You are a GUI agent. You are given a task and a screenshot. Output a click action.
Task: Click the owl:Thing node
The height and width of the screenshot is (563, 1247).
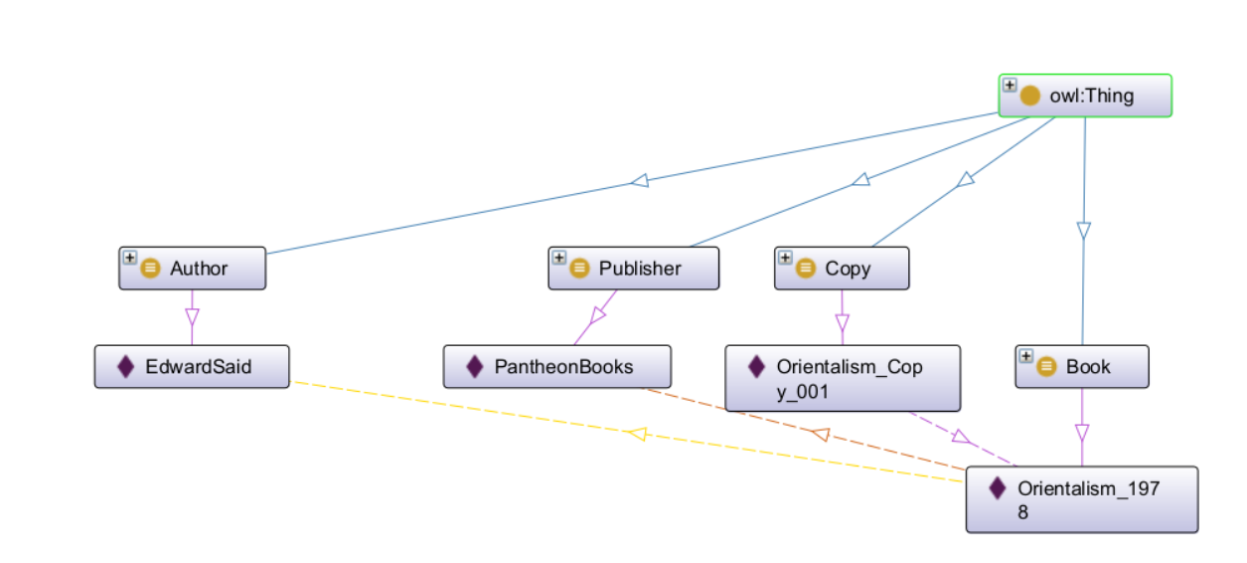pyautogui.click(x=1085, y=96)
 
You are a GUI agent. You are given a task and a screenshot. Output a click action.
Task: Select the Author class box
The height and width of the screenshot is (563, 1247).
pyautogui.click(x=193, y=269)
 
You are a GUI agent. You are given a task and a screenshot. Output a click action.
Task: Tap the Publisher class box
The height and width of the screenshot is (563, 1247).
pyautogui.click(x=633, y=269)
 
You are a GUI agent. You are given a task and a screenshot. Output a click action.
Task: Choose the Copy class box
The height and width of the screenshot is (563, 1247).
pyautogui.click(x=842, y=269)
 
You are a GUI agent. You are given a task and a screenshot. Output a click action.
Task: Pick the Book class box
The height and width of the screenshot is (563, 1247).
pyautogui.click(x=1082, y=367)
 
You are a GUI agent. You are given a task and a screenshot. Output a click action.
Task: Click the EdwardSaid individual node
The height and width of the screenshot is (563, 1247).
pyautogui.click(x=192, y=367)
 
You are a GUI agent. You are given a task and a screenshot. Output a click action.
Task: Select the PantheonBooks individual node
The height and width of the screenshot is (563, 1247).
pyautogui.click(x=556, y=367)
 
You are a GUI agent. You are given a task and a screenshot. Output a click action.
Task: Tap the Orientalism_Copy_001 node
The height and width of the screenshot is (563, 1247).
pyautogui.click(x=843, y=378)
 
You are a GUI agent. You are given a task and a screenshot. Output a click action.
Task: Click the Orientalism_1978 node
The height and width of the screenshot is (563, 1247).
pyautogui.click(x=1082, y=499)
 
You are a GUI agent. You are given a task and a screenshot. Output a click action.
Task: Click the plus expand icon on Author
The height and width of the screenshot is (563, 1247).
pyautogui.click(x=129, y=257)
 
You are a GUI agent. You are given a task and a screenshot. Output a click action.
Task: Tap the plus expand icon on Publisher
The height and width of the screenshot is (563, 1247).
pyautogui.click(x=558, y=257)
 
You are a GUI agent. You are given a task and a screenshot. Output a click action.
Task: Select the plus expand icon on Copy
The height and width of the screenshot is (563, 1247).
pyautogui.click(x=785, y=257)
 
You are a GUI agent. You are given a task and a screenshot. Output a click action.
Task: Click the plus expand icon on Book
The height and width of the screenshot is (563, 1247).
pyautogui.click(x=1026, y=356)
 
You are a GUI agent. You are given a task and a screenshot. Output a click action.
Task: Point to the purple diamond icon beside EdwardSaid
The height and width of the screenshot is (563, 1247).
pyautogui.click(x=125, y=367)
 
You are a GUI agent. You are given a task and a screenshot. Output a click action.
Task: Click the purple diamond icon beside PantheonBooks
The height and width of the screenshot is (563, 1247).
pyautogui.click(x=475, y=367)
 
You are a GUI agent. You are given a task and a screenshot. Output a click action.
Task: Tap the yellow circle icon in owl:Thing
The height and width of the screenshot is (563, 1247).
pyautogui.click(x=1030, y=96)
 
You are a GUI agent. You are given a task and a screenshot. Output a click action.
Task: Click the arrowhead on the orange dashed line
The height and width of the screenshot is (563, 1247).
pyautogui.click(x=820, y=434)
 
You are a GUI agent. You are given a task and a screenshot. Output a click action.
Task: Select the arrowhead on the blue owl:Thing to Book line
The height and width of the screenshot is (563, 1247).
pyautogui.click(x=1084, y=231)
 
